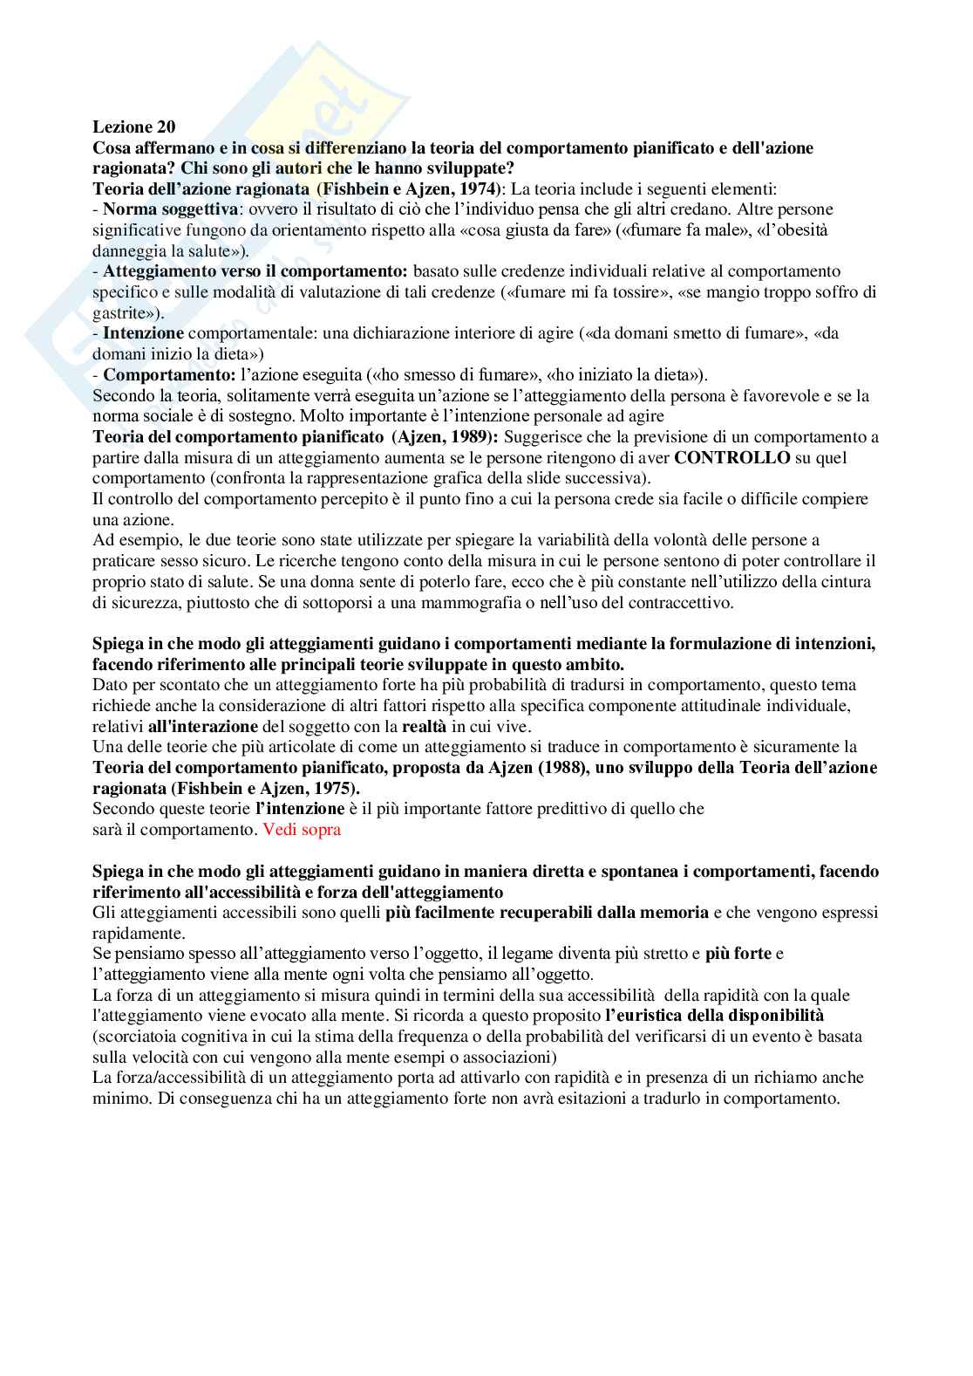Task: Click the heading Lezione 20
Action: point(134,127)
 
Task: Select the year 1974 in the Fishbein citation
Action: point(479,188)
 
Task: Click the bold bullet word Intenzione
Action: point(143,333)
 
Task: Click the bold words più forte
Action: point(739,954)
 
